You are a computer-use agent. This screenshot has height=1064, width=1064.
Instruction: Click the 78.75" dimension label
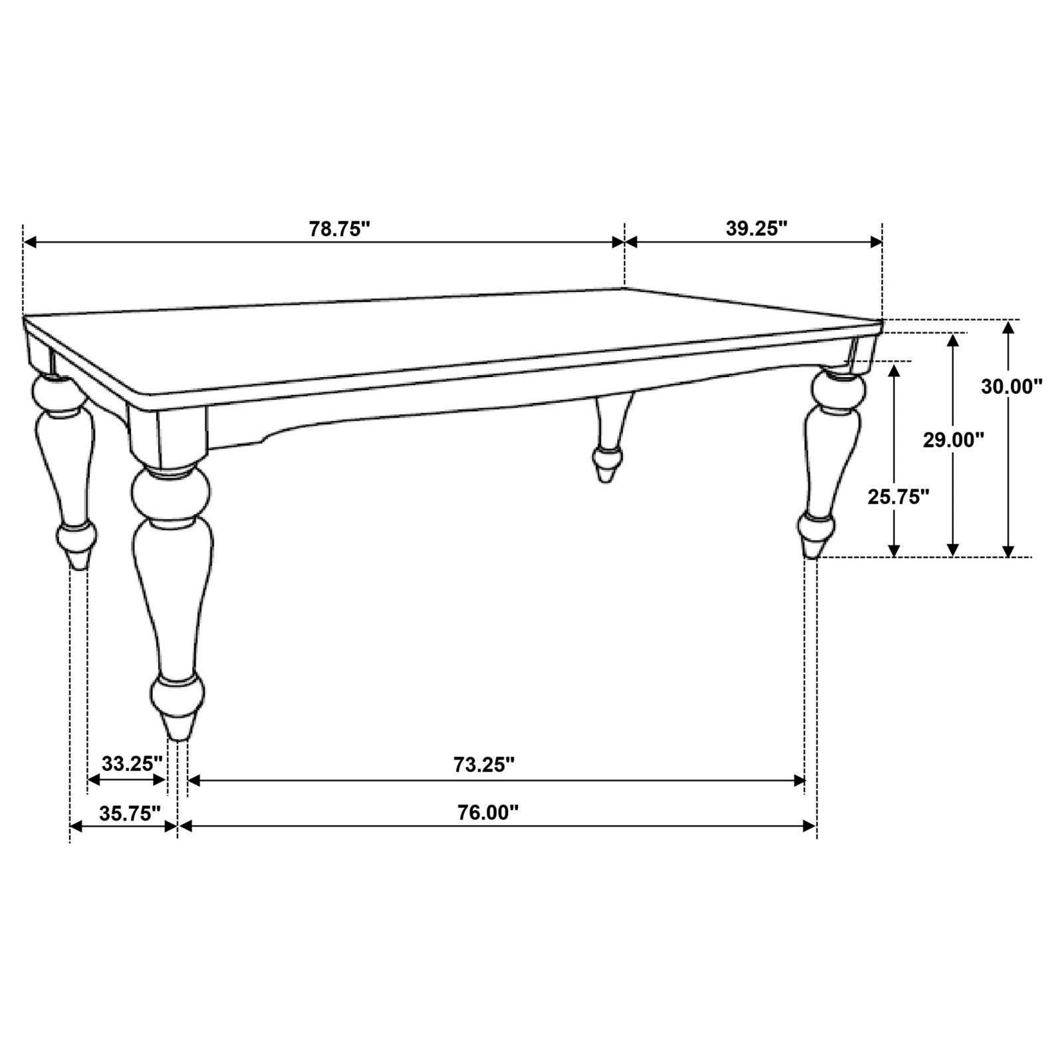(338, 229)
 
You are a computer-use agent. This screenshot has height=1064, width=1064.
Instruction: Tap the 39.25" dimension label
(756, 229)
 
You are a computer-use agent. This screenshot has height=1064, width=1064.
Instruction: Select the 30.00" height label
(1011, 386)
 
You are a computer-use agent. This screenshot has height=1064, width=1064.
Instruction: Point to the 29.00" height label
(953, 440)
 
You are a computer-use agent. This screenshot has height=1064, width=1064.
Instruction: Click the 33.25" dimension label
(132, 763)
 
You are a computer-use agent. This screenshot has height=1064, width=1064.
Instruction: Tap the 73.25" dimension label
(484, 765)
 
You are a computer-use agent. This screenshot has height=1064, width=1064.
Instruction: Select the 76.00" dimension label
(487, 813)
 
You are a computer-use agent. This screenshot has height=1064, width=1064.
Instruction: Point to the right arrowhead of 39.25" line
(876, 242)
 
